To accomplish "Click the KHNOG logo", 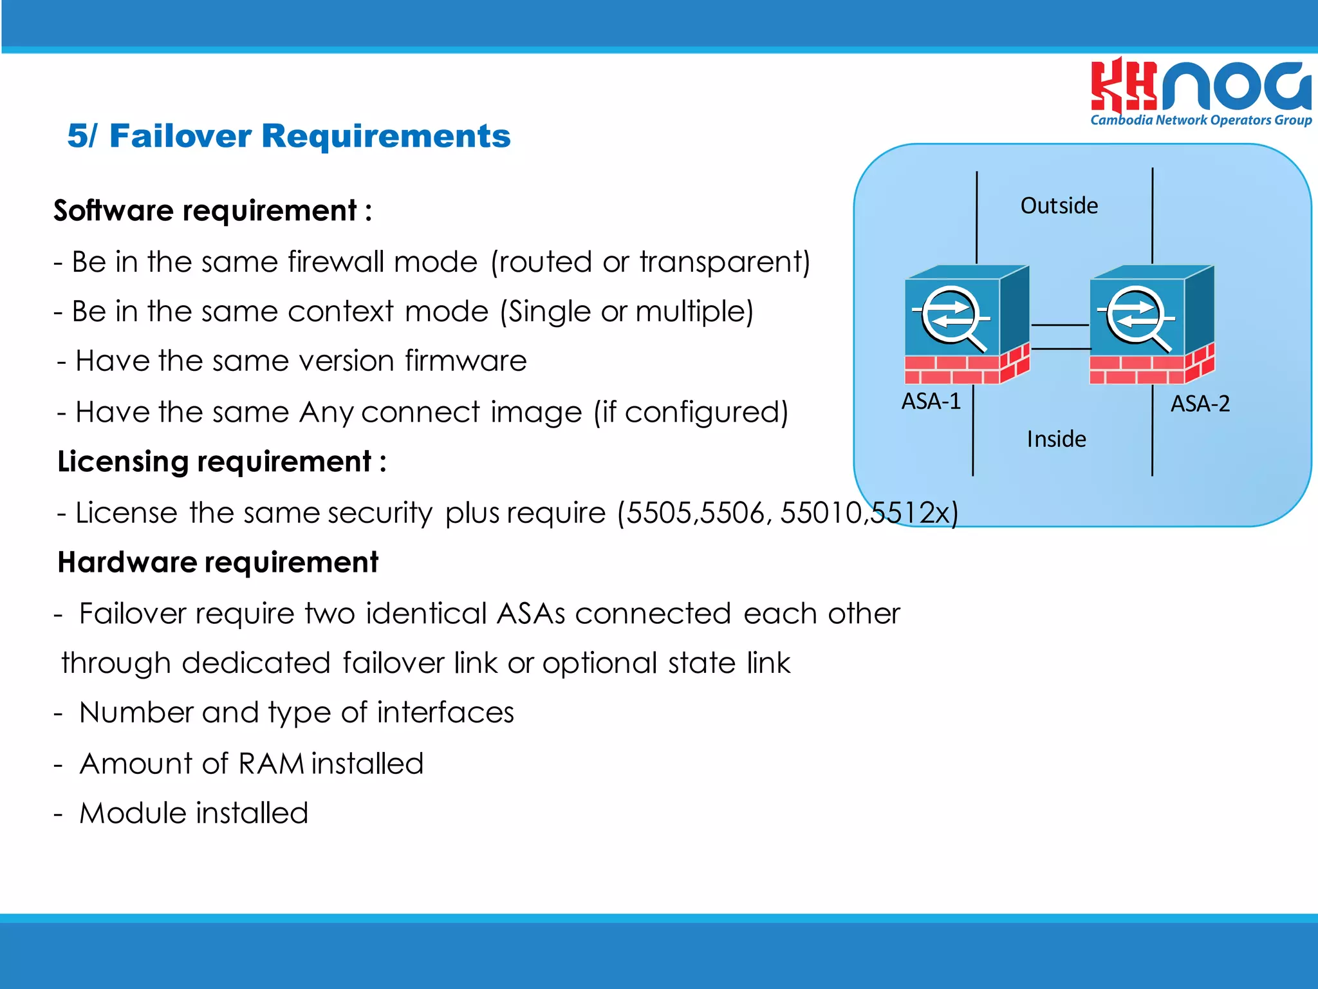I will pyautogui.click(x=1201, y=86).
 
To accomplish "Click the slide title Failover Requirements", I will pyautogui.click(x=289, y=136).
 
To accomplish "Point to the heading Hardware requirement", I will pyautogui.click(x=218, y=562).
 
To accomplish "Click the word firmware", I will pyautogui.click(x=465, y=361).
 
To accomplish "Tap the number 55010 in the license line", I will pyautogui.click(x=821, y=513).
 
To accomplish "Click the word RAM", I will pyautogui.click(x=271, y=764).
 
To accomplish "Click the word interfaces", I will pyautogui.click(x=445, y=713).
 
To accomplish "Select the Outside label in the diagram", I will pyautogui.click(x=1059, y=206).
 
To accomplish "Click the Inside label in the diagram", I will pyautogui.click(x=1056, y=439).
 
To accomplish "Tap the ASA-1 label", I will pyautogui.click(x=931, y=402).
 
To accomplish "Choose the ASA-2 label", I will pyautogui.click(x=1200, y=404).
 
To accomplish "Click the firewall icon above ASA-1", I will pyautogui.click(x=965, y=325).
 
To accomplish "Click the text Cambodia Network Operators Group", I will pyautogui.click(x=1201, y=120).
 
